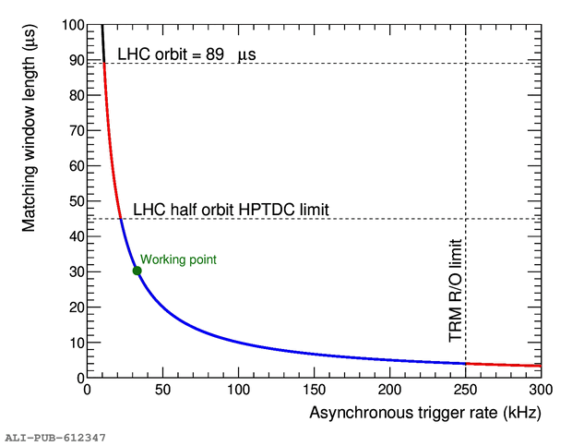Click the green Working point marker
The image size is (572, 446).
coord(137,271)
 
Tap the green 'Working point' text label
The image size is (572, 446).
coord(178,259)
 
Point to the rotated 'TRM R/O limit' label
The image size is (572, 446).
coord(456,290)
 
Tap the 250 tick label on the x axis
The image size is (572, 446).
coord(466,391)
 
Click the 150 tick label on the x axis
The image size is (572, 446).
coord(315,391)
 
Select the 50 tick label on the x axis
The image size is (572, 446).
coord(162,391)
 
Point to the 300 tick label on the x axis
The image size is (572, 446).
coord(542,391)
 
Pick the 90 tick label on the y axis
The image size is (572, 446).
coord(74,60)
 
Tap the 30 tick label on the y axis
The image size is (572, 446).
coord(74,271)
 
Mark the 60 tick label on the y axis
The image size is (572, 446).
coord(74,166)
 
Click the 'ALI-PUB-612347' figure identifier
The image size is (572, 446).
coord(55,436)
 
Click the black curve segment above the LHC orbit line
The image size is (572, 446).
coord(101,42)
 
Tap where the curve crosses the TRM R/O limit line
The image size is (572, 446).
coord(466,363)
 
